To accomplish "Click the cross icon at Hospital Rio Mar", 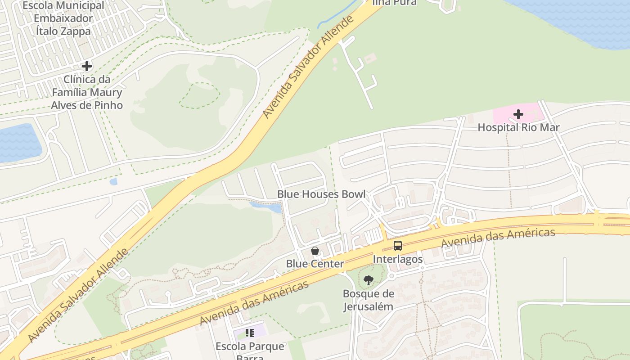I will click(518, 114).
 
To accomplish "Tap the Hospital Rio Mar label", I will click(518, 127).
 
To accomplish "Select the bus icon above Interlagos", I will click(398, 246).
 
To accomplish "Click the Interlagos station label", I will click(398, 259).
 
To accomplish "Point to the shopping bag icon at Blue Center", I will click(315, 251).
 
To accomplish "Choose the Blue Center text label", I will click(315, 264).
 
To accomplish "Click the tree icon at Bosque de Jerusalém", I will click(368, 280).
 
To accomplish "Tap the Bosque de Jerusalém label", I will click(368, 300).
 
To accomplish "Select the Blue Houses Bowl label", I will click(321, 194).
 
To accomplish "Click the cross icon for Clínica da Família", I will click(86, 67).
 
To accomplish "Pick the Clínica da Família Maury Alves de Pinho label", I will click(86, 92).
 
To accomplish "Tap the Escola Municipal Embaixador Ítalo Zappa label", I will click(63, 18).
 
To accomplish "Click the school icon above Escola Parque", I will click(250, 333).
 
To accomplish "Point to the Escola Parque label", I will click(250, 347).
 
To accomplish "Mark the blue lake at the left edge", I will click(18, 142).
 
